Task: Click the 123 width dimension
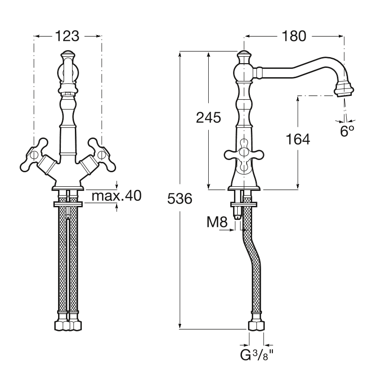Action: click(x=67, y=37)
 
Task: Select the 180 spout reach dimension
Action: click(x=294, y=37)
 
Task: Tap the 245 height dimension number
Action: click(x=209, y=117)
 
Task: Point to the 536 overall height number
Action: click(x=180, y=198)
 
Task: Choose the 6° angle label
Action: click(x=347, y=131)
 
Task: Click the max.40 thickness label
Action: click(x=117, y=196)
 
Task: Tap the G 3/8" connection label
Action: click(x=257, y=355)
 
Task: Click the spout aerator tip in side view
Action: click(x=344, y=90)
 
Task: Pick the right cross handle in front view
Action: click(x=102, y=155)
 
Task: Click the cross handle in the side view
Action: click(x=244, y=155)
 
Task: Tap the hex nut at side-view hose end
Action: click(x=256, y=326)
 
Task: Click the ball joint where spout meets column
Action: click(x=244, y=73)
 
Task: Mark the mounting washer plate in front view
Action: click(x=68, y=204)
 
